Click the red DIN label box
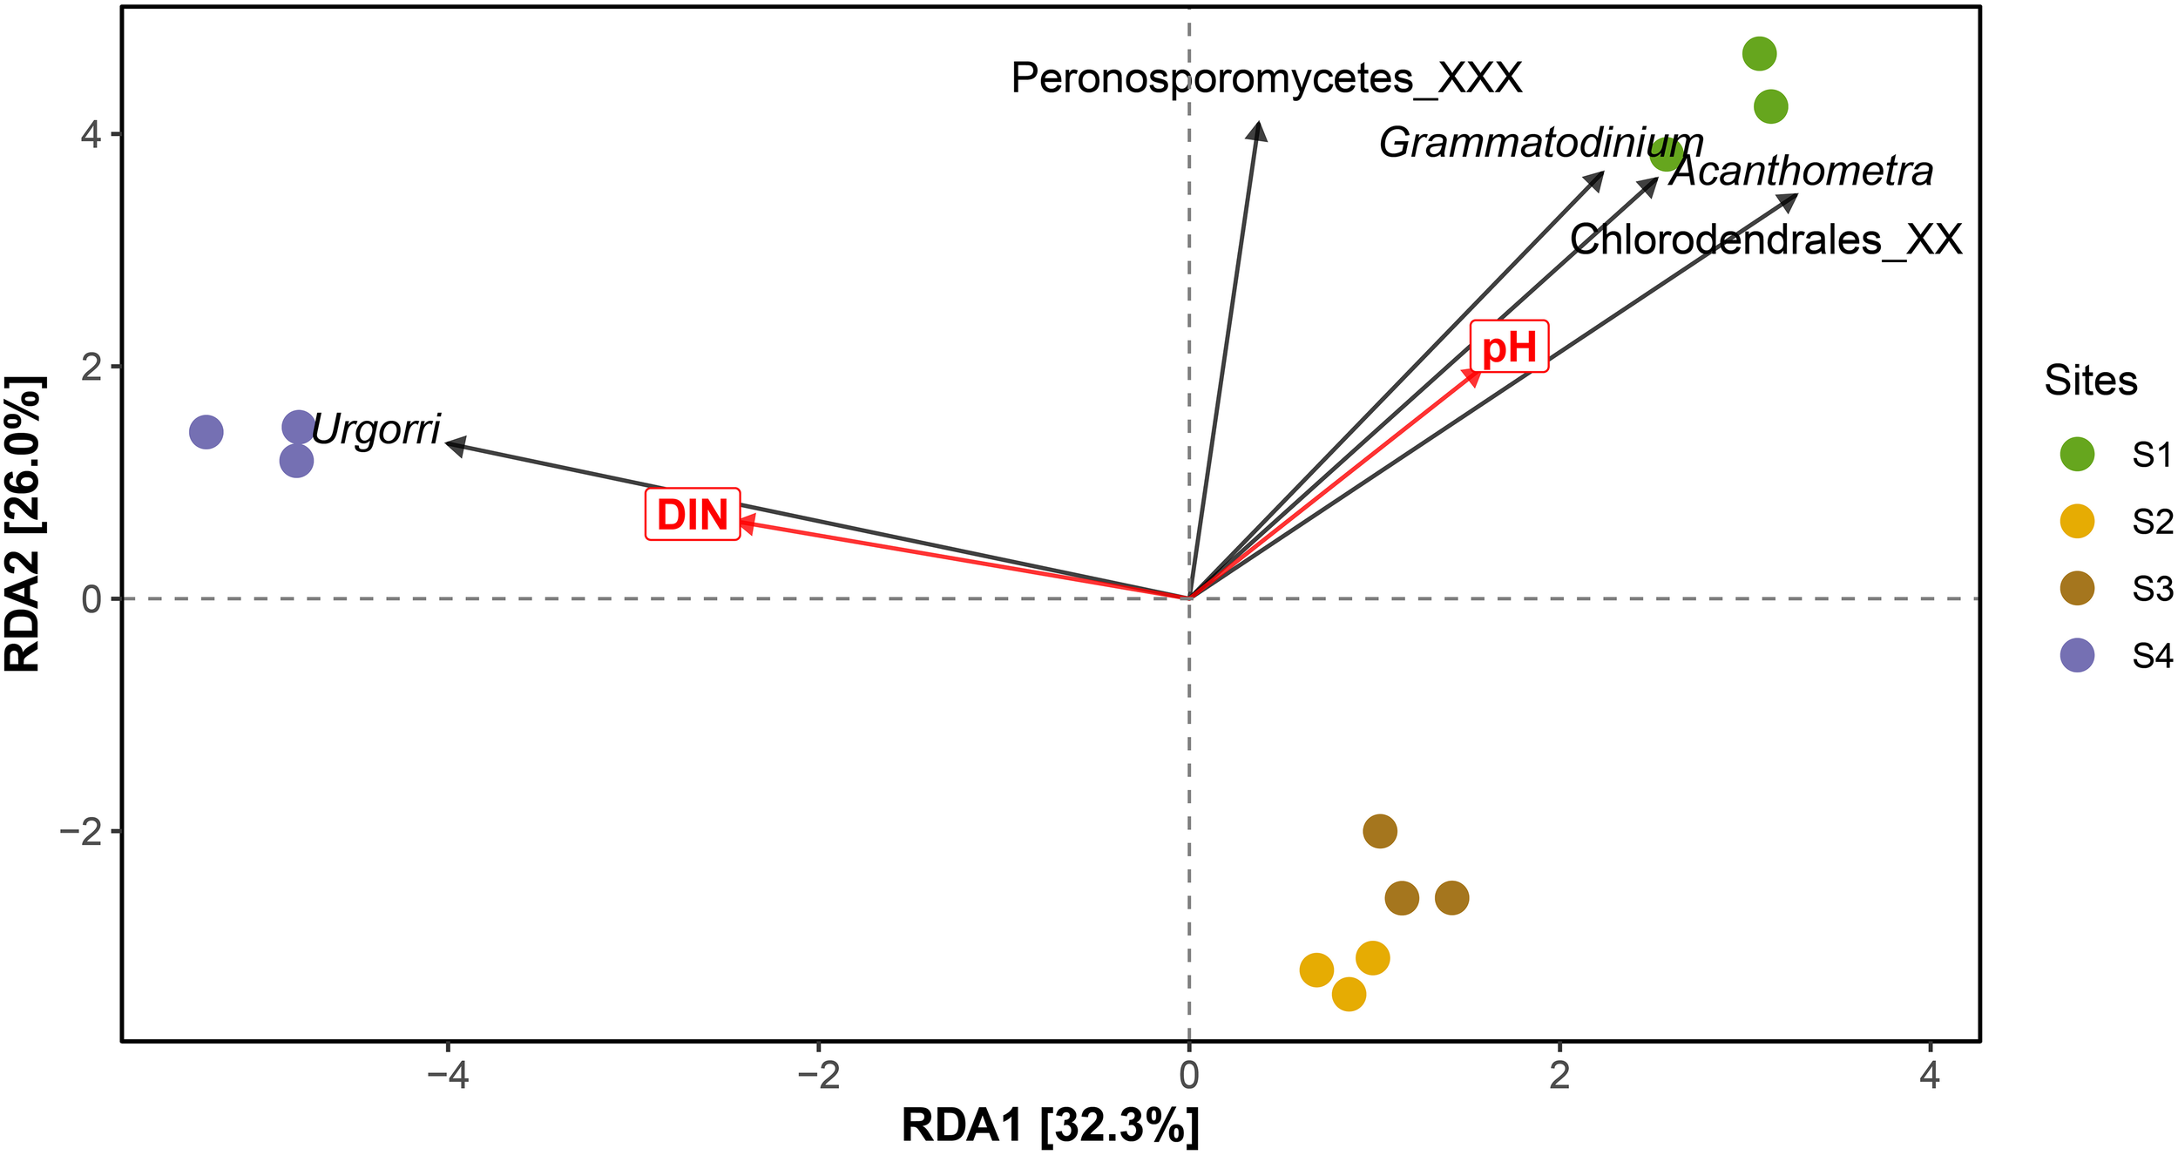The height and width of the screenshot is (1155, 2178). click(x=693, y=515)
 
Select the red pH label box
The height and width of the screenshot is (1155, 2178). click(x=1509, y=347)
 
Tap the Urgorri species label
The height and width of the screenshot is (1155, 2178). click(x=375, y=429)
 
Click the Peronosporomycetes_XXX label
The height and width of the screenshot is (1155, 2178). click(x=1267, y=78)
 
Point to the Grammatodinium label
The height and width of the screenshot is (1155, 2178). click(x=1541, y=143)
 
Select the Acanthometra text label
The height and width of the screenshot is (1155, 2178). click(x=1802, y=171)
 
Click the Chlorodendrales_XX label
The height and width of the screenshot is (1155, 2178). click(x=1766, y=240)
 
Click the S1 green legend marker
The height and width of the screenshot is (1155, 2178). click(x=2077, y=454)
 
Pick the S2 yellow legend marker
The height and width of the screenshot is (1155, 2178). click(x=2077, y=521)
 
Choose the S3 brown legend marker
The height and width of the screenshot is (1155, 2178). click(x=2077, y=588)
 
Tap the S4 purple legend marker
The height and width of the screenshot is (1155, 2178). click(x=2077, y=655)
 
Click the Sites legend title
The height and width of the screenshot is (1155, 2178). click(x=2090, y=381)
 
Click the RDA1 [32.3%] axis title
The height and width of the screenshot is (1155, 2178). click(x=1050, y=1125)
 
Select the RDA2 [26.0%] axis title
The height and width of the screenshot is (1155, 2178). click(x=24, y=523)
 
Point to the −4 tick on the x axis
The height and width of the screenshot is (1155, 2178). click(x=448, y=1077)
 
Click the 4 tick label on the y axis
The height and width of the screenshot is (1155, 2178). click(x=91, y=135)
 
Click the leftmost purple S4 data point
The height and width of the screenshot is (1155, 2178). click(x=206, y=431)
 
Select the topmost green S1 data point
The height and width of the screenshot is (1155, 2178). click(x=1759, y=54)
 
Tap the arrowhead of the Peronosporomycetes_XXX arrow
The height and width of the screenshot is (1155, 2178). click(x=1257, y=130)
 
